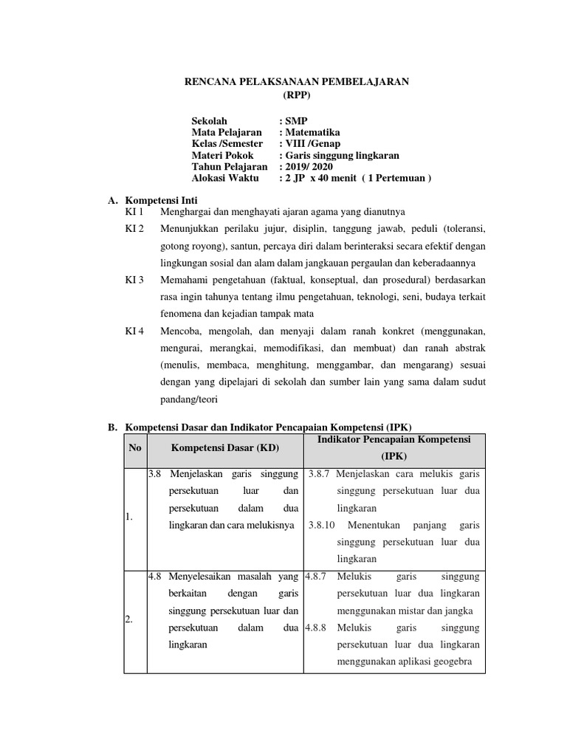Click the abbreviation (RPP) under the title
(297, 95)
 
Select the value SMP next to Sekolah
(295, 121)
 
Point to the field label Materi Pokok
(222, 156)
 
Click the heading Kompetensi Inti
(162, 200)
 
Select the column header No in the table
(134, 447)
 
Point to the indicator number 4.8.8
(317, 628)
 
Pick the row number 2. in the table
(128, 620)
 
